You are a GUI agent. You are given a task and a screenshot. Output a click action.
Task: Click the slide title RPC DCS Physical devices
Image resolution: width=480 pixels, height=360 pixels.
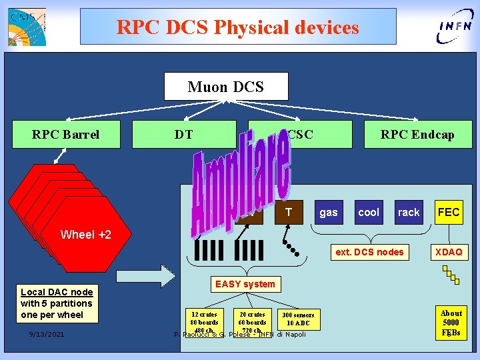[x=238, y=27]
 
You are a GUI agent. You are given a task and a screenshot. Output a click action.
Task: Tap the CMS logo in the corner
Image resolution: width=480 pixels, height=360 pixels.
[x=27, y=27]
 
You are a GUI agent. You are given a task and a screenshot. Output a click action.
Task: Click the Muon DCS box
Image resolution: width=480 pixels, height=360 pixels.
[x=226, y=87]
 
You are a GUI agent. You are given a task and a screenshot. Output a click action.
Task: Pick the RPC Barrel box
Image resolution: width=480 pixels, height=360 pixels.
[x=65, y=134]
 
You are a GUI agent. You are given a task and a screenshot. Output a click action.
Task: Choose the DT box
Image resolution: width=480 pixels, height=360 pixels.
[x=184, y=134]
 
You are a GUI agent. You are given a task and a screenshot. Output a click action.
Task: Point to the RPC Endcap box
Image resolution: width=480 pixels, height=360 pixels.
[x=417, y=134]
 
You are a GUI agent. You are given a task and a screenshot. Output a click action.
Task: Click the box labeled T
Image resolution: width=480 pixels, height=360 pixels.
[x=289, y=212]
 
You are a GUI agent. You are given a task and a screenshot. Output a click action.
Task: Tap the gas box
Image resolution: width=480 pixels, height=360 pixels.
[x=329, y=212]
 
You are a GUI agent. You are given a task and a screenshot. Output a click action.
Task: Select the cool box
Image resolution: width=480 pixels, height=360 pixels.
[x=369, y=212]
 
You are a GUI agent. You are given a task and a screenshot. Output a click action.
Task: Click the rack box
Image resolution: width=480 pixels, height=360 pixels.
[x=409, y=212]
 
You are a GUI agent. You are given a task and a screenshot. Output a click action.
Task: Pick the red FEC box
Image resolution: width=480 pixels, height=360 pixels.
[x=449, y=212]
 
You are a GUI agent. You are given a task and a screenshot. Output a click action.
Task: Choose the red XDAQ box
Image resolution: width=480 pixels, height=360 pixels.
[x=449, y=252]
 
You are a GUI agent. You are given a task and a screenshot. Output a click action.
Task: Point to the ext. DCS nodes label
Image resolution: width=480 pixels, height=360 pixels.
[x=370, y=252]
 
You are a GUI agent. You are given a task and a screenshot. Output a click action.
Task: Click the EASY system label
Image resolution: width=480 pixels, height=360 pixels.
[x=245, y=284]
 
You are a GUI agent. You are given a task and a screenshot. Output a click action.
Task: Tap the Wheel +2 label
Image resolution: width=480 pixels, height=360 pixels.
[x=86, y=234]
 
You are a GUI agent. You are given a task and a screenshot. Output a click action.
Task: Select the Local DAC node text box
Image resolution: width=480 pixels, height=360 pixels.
[x=57, y=303]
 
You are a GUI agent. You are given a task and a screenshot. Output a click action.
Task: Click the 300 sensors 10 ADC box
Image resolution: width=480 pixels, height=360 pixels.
[x=298, y=319]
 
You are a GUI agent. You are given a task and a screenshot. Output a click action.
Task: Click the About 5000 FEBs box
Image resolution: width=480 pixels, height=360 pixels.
[x=451, y=322]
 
